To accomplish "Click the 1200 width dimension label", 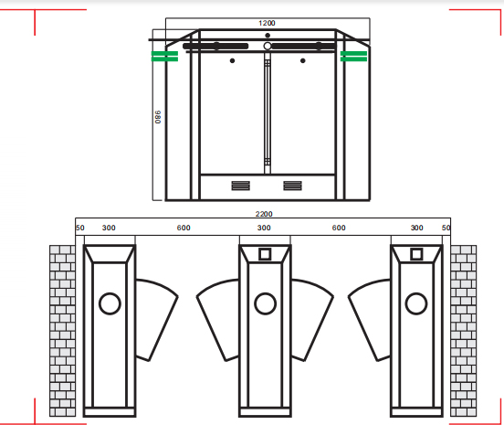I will [267, 23].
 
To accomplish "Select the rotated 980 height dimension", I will [158, 119].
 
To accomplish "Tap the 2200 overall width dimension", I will [264, 214].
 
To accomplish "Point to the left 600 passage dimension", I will [184, 228].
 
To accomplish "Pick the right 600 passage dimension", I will [339, 228].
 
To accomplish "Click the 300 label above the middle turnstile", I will [264, 228].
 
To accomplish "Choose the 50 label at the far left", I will [79, 228].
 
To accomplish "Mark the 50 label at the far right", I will [446, 228].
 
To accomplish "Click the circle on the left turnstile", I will [110, 303].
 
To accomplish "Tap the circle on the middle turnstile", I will [265, 302].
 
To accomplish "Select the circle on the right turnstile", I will [416, 302].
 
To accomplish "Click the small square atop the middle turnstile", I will [265, 255].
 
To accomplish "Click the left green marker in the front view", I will [164, 57].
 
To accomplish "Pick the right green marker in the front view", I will [353, 57].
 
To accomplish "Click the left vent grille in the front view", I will [239, 186].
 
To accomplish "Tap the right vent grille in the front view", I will [292, 186].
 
